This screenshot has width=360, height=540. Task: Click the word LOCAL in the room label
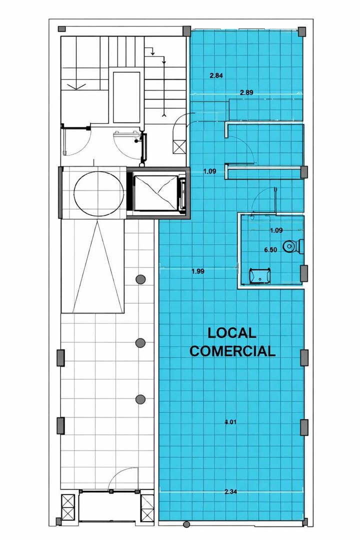coord(232,333)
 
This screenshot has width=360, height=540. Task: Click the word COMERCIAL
coord(232,351)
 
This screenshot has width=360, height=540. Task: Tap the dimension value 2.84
coord(216,75)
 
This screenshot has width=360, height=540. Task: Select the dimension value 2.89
coord(246,92)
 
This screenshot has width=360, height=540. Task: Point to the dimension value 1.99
coord(197,271)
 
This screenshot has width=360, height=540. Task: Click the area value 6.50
coord(271,250)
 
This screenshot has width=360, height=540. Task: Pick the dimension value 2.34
coord(230,492)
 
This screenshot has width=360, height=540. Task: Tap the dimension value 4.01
coord(230,422)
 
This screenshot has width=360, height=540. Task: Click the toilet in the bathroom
coord(293,246)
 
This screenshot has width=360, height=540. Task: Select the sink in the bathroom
coord(259,276)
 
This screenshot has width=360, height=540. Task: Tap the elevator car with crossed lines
coord(156,193)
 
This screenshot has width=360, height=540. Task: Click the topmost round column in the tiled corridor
coord(140,279)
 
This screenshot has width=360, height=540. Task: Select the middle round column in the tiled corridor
coord(140,342)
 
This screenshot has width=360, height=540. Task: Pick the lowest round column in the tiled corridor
coord(140,399)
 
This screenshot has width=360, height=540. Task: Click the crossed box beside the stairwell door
coord(180,147)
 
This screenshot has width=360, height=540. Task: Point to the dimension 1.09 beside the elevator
coord(209,171)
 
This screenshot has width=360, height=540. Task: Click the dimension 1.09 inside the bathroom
coord(276,230)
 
